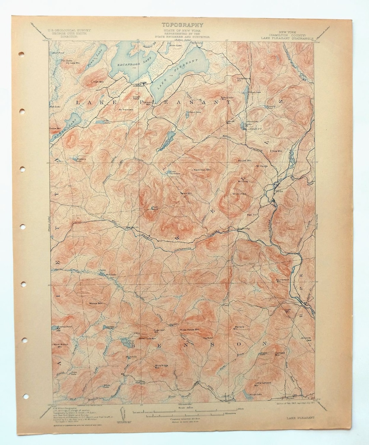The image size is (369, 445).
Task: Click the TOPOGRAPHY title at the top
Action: (x=182, y=25)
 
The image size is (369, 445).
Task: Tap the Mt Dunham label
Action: (x=239, y=194)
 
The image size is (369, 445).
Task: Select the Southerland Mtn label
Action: (x=283, y=280)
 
